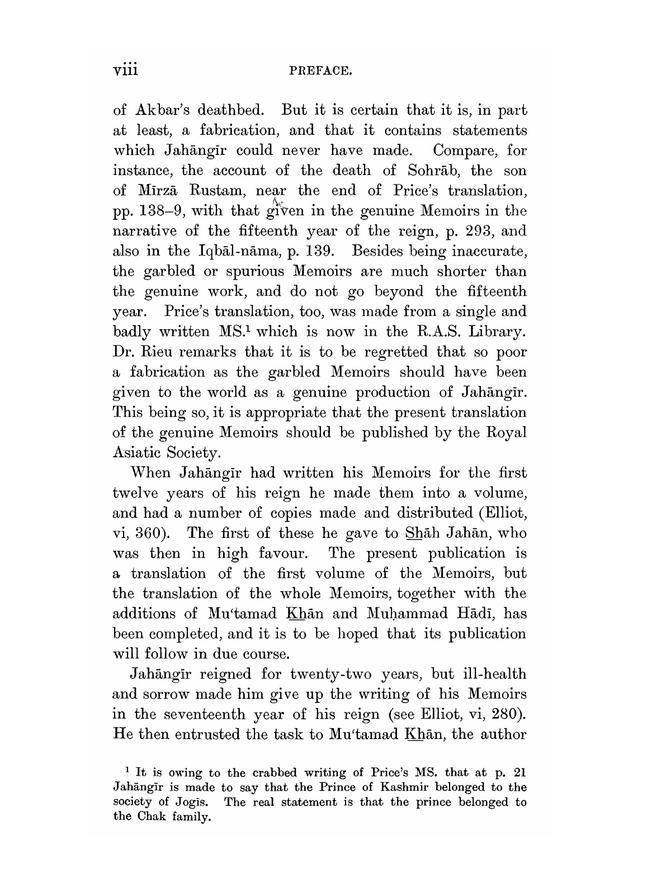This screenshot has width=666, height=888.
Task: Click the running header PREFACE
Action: tap(320, 72)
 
